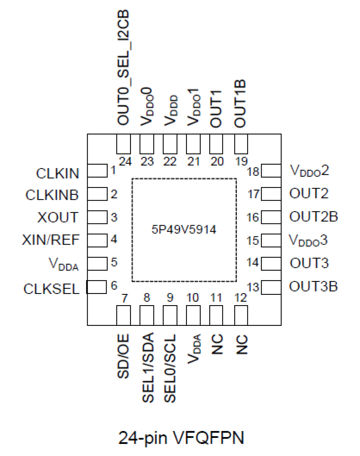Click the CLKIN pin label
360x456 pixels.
click(x=57, y=174)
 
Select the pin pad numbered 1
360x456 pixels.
click(x=97, y=171)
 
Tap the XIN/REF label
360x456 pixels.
click(x=51, y=240)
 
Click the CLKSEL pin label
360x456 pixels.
click(x=51, y=289)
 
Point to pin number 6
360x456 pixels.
click(x=114, y=285)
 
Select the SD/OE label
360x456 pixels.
click(x=123, y=356)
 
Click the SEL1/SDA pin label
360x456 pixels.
click(x=148, y=367)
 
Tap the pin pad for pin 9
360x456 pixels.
click(x=170, y=315)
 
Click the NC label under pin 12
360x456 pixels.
click(x=241, y=344)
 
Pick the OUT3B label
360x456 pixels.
click(x=313, y=287)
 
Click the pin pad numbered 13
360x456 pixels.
click(x=271, y=287)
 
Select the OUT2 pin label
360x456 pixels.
click(x=309, y=193)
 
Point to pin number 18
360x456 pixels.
click(x=253, y=172)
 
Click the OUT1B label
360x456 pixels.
click(x=240, y=104)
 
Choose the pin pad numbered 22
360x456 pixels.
click(x=170, y=144)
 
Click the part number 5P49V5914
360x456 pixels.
click(x=184, y=229)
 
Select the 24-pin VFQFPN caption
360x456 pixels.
click(x=181, y=438)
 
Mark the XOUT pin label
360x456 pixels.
click(x=58, y=217)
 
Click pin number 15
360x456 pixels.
click(x=253, y=240)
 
